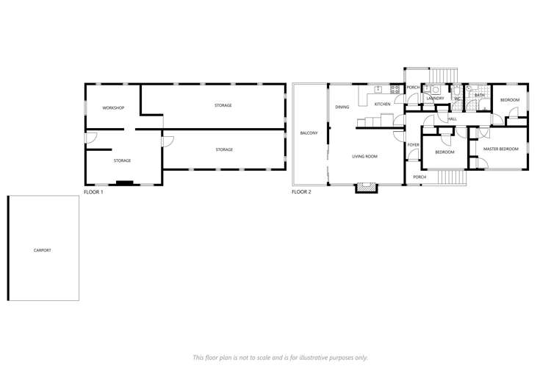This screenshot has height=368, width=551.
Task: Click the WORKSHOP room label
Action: coord(113,108)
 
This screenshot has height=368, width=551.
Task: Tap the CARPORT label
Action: coord(43,250)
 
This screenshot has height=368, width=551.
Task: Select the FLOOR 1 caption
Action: coord(93,192)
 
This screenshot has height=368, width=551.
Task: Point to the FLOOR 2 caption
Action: coord(301,192)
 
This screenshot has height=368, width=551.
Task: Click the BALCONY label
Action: coord(309,133)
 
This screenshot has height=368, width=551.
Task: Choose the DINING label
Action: coord(342,107)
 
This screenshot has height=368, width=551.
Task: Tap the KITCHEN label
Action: coord(383,105)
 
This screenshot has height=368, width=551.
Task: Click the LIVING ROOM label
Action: coord(364,156)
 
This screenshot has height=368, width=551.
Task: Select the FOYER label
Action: coord(413,144)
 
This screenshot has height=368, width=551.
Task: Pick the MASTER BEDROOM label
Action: coord(500,149)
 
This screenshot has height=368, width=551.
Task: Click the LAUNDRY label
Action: coord(435,98)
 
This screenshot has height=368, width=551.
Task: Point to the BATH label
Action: coord(479,95)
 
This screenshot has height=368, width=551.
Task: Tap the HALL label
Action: coord(452,118)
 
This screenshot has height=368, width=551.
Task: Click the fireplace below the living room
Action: coord(365,188)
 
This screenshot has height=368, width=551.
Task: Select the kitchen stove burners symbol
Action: coord(395,91)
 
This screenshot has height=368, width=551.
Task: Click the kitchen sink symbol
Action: coord(378,89)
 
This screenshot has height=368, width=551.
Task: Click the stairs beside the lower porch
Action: coord(451,177)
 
